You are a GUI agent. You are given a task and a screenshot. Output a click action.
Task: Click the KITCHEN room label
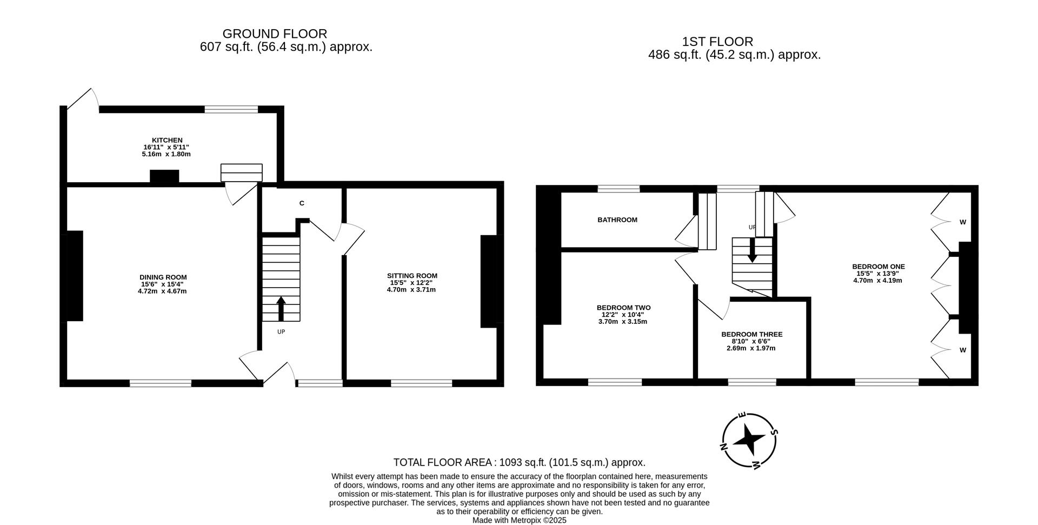167,141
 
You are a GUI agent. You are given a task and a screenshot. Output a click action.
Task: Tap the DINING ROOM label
163,277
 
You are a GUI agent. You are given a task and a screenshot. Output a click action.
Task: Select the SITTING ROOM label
411,276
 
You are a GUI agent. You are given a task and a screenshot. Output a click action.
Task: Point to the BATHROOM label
617,220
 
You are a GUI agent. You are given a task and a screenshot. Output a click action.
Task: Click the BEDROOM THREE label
751,335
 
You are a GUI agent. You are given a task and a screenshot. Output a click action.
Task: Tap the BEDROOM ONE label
878,267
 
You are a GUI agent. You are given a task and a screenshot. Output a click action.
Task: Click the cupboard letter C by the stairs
302,203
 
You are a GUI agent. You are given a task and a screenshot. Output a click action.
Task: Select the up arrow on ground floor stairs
281,308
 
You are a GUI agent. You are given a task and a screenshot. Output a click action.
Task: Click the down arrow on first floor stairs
751,252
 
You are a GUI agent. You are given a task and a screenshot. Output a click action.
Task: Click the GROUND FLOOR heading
275,34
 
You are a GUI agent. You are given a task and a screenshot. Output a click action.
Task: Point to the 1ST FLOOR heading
717,42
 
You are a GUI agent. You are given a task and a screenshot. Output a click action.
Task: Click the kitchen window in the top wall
231,109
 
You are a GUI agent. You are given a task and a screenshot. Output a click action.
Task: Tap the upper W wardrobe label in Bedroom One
962,222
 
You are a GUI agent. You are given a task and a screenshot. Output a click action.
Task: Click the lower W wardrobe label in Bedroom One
962,350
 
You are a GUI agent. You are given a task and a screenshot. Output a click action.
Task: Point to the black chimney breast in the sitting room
489,281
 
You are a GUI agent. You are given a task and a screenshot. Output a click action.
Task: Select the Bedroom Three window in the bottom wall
751,382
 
